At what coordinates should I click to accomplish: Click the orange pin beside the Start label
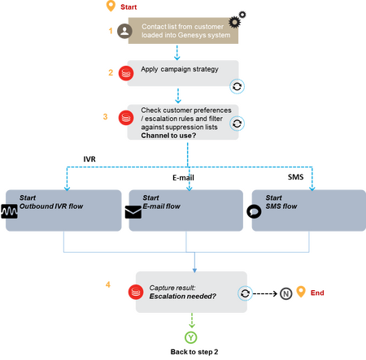point(111,6)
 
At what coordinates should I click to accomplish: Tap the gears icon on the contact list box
point(237,20)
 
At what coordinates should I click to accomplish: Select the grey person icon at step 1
point(124,31)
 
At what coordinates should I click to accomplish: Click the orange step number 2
point(111,72)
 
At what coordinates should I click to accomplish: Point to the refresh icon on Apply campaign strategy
point(237,87)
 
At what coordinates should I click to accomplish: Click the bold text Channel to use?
point(168,136)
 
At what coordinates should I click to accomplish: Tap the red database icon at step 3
point(126,118)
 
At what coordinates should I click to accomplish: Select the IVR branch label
point(89,159)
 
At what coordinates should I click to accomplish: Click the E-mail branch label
point(183,178)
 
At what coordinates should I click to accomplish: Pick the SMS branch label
point(295,177)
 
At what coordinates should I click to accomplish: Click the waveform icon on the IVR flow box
point(9,211)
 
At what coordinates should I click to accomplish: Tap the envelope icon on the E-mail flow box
point(133,212)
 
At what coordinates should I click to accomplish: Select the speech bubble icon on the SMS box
point(254,211)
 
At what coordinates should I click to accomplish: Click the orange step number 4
point(108,284)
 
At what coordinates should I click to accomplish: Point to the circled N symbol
point(285,293)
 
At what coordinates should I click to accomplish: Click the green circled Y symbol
point(191,337)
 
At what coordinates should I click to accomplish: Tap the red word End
point(317,293)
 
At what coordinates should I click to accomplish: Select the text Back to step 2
point(194,352)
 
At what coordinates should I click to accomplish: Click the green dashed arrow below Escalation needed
point(192,320)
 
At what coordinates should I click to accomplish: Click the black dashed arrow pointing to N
point(265,293)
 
